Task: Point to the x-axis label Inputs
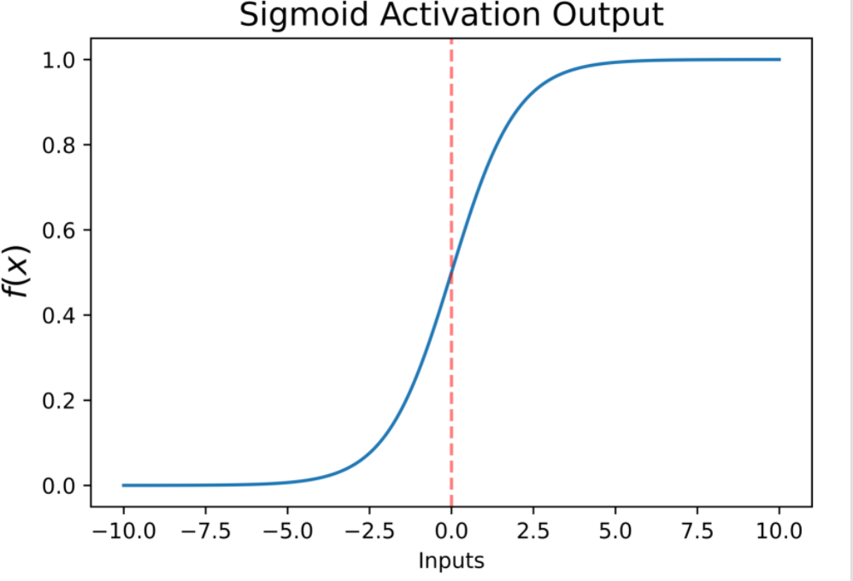451,561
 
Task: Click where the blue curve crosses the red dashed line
451,273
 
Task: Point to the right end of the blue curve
779,60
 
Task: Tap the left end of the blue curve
123,485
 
